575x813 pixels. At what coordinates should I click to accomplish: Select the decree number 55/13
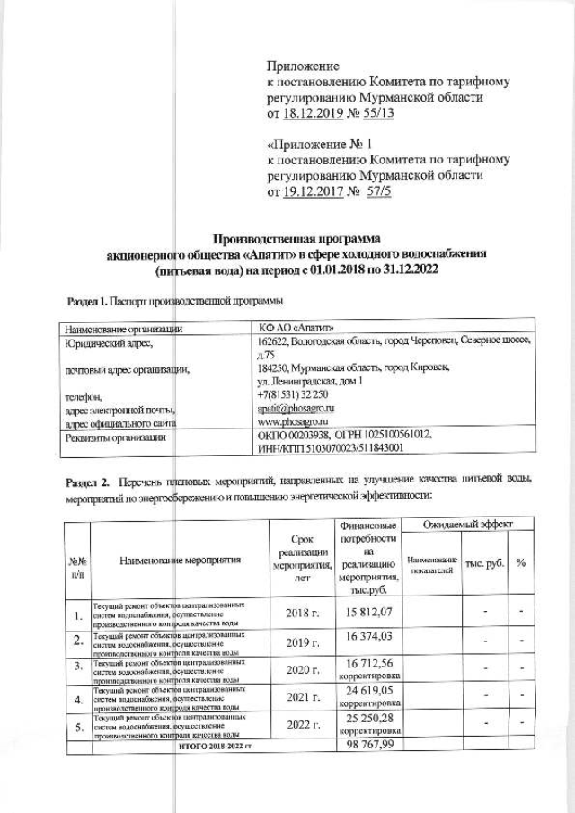tap(380, 113)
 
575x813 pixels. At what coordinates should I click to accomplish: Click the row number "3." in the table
tap(79, 666)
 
